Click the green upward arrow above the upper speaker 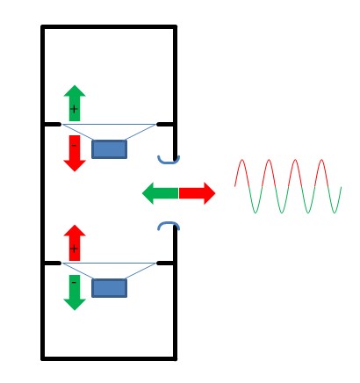(75, 103)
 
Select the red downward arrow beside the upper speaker (75, 153)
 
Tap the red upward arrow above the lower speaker (75, 242)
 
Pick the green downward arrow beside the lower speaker (75, 293)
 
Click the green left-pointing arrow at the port (161, 193)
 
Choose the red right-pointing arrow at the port (197, 193)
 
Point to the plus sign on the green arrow (74, 109)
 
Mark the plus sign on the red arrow (74, 249)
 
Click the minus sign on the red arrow (74, 145)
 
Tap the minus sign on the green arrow (74, 283)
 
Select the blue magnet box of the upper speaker (110, 149)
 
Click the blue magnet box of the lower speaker (110, 288)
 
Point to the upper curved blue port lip (169, 162)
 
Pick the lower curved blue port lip (169, 224)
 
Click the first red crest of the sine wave (242, 160)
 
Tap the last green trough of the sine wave (334, 213)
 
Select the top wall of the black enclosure (109, 27)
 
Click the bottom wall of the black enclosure (109, 358)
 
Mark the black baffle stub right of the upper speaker (166, 125)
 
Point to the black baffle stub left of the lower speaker (52, 264)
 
